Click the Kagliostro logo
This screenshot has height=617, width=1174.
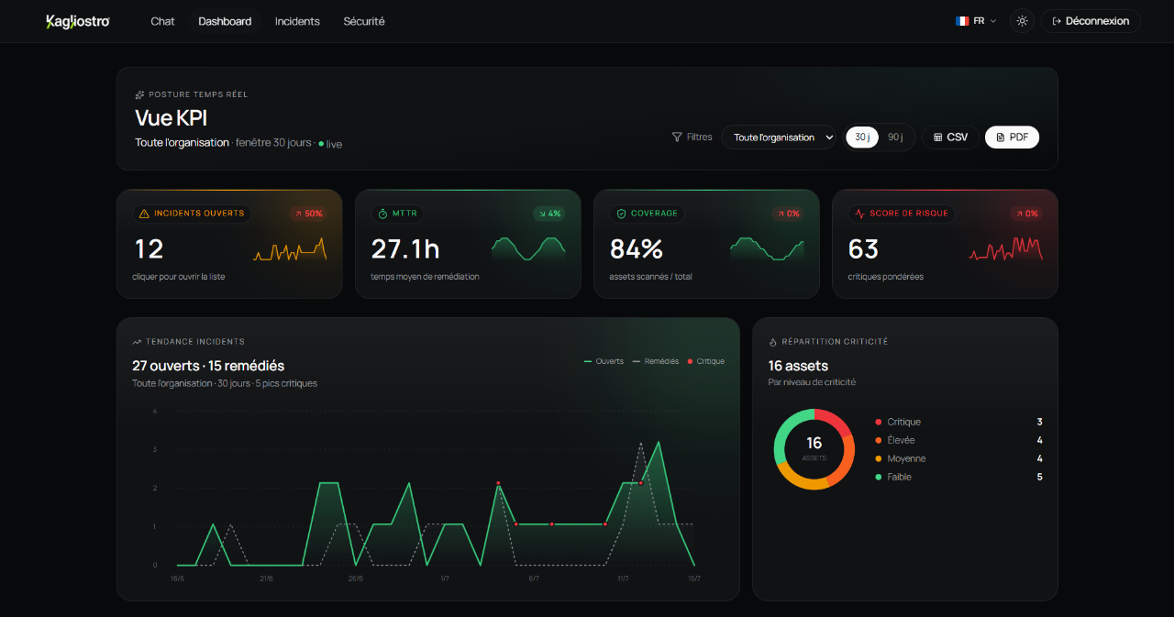click(78, 21)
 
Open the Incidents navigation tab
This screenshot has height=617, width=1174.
click(297, 21)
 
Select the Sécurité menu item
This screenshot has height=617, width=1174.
click(364, 21)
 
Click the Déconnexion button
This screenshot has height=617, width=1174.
click(1091, 21)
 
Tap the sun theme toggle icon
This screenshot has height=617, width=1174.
click(1022, 21)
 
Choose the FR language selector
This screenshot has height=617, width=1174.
click(975, 21)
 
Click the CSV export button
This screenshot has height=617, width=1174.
click(950, 138)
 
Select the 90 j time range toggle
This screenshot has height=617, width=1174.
click(895, 138)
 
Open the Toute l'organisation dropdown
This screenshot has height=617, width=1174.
click(779, 138)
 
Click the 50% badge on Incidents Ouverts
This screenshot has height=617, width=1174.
click(308, 214)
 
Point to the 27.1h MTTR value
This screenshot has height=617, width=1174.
click(405, 248)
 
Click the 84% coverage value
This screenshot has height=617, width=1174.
click(637, 248)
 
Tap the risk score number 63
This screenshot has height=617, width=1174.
click(863, 248)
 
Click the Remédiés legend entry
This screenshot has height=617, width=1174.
click(656, 361)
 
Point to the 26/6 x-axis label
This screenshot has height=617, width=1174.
click(355, 578)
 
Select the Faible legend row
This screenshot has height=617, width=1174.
click(958, 477)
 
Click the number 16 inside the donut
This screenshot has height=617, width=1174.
click(814, 443)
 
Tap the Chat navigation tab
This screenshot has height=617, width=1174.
click(162, 21)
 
